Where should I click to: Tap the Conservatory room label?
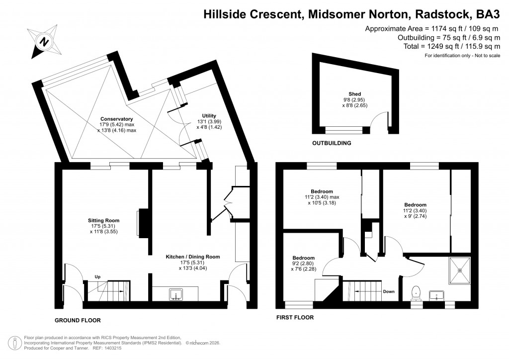tap(117, 119)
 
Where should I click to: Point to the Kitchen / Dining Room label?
tap(192, 257)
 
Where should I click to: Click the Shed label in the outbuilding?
tap(354, 94)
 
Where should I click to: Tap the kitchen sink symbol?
tap(175, 295)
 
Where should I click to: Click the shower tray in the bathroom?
tap(460, 270)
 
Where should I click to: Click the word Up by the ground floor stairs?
tap(98, 277)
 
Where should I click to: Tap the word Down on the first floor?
tap(389, 291)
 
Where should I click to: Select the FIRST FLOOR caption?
tap(296, 316)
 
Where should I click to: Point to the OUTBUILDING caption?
tap(332, 143)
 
